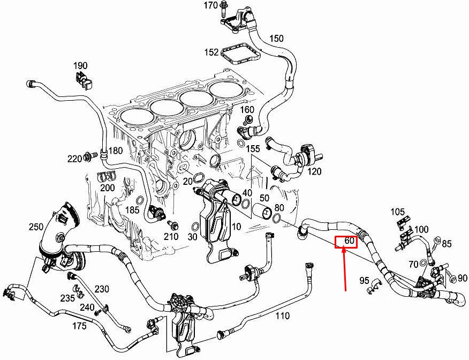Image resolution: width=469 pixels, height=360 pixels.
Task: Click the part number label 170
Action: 210,6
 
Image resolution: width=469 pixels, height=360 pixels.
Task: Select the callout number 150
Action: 276,39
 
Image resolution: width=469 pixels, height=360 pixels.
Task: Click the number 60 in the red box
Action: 349,242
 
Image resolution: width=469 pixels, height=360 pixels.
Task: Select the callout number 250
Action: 36,227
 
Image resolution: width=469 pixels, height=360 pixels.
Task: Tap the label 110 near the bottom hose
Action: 282,316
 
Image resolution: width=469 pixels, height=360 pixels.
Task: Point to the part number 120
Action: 314,171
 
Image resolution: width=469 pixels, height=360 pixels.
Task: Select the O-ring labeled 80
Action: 276,218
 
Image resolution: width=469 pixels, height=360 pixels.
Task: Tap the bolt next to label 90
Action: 449,277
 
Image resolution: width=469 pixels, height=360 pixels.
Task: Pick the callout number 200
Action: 108,187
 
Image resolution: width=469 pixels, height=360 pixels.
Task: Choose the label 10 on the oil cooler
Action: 236,227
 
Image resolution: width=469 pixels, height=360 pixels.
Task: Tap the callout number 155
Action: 253,148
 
